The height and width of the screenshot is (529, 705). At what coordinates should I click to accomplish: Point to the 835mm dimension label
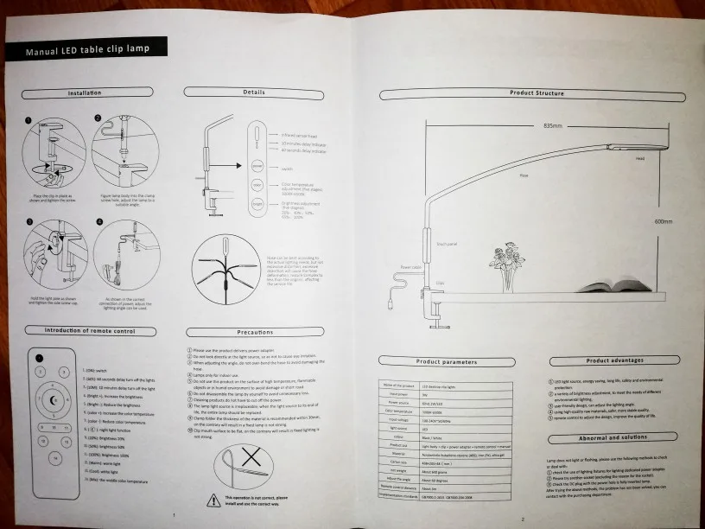[554, 125]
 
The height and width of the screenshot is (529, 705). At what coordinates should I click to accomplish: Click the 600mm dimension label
[664, 221]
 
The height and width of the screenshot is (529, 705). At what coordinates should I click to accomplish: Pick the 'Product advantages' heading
[612, 361]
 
